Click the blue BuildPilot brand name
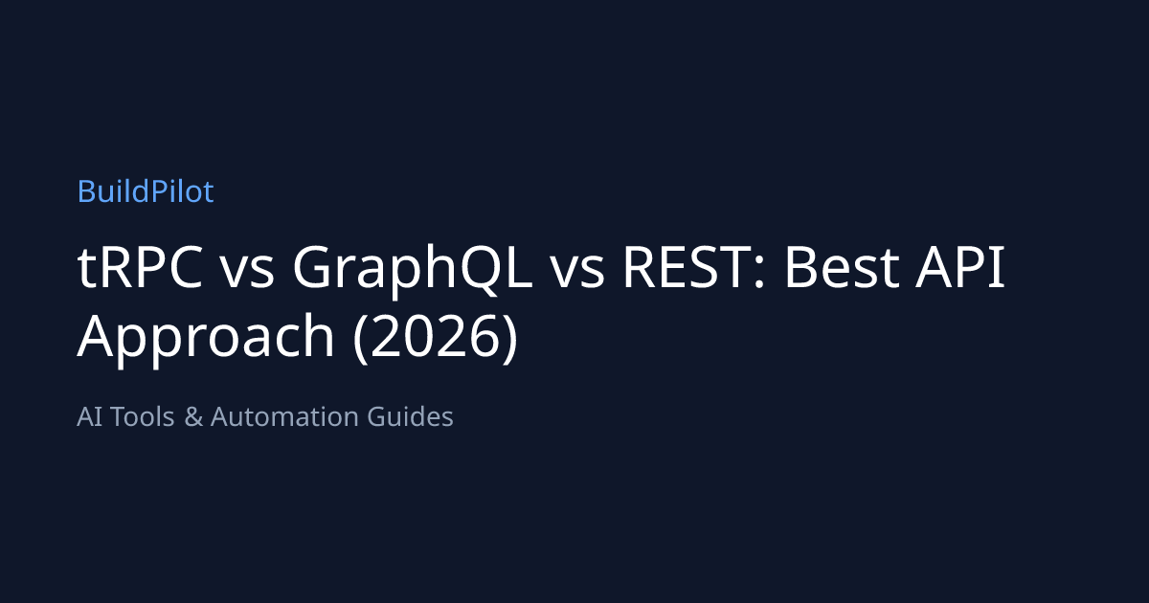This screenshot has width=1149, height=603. coord(146,191)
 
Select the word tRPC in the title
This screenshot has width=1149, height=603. coord(140,267)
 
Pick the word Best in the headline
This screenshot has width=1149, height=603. coord(842,267)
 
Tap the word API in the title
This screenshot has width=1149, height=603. coord(959,267)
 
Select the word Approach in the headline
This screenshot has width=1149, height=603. coord(206,340)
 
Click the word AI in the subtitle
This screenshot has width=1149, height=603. coord(90,416)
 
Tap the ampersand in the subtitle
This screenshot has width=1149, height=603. coord(193,416)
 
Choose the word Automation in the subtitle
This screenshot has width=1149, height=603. coord(284,416)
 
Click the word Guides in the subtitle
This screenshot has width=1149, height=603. coord(411,416)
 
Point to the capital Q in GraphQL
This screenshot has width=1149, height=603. coord(481,271)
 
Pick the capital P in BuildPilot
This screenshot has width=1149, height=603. coord(160,191)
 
